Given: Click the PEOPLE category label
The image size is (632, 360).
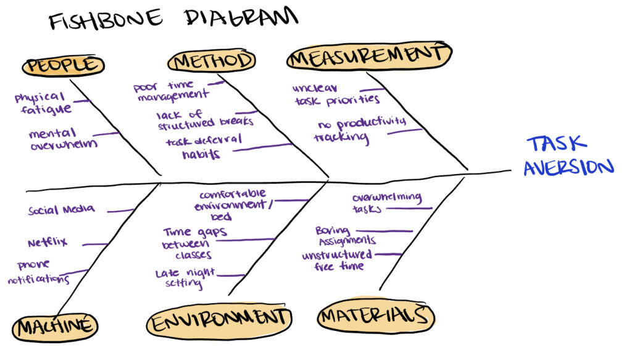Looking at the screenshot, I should [62, 65].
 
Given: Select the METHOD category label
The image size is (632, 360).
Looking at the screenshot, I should [212, 61].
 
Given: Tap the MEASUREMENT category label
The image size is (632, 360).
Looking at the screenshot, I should [368, 56].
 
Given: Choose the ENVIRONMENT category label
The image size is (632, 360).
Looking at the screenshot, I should [218, 319].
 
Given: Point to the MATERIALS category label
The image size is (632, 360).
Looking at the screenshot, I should [375, 317].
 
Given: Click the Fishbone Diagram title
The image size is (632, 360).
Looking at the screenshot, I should [173, 19].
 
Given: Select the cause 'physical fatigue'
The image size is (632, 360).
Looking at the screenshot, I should [41, 103].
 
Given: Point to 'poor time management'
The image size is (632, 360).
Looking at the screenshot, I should [170, 90].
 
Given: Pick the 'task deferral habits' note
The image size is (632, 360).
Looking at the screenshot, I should [204, 147].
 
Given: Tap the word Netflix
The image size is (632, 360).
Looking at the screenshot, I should [48, 243].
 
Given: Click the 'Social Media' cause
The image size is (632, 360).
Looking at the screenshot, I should [61, 210].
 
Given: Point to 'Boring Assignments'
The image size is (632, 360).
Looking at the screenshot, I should [344, 235].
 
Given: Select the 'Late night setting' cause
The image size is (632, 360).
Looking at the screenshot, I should [185, 278].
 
